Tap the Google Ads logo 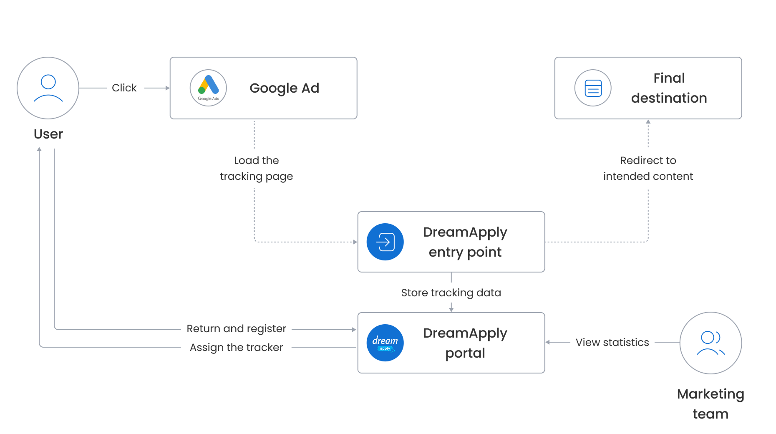208,88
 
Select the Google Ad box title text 284,88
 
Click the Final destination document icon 593,88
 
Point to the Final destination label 669,88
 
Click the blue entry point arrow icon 385,242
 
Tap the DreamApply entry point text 465,242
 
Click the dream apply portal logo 385,343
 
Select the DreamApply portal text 465,343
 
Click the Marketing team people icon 710,343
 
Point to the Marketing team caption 710,404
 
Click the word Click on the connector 124,88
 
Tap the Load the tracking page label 256,168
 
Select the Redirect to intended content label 648,168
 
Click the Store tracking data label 451,293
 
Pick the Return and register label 236,329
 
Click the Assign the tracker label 236,347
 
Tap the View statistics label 612,342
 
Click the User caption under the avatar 48,134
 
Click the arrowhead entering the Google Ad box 168,88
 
